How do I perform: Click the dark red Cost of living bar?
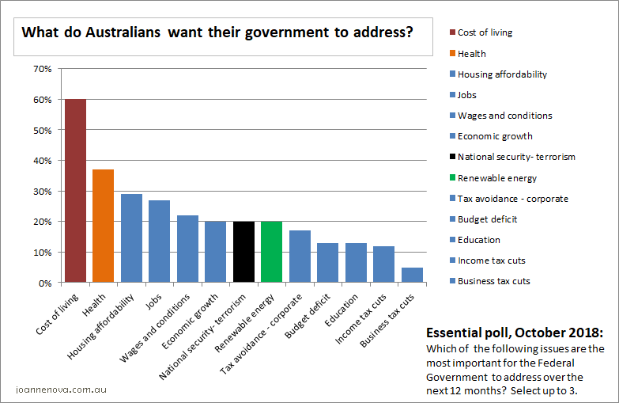[75, 190]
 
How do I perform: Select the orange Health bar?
[103, 226]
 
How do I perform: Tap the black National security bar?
[243, 252]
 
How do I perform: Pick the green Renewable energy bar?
[271, 252]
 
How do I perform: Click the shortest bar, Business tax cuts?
[412, 275]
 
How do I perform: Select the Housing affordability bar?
[131, 238]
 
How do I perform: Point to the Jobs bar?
[159, 241]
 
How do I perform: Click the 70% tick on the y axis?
[42, 69]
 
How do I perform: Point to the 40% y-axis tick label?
[42, 161]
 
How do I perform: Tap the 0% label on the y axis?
[44, 283]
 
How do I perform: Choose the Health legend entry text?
[471, 54]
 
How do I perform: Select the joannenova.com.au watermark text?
[61, 390]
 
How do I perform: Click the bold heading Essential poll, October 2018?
[515, 332]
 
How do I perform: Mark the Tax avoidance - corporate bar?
[300, 256]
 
